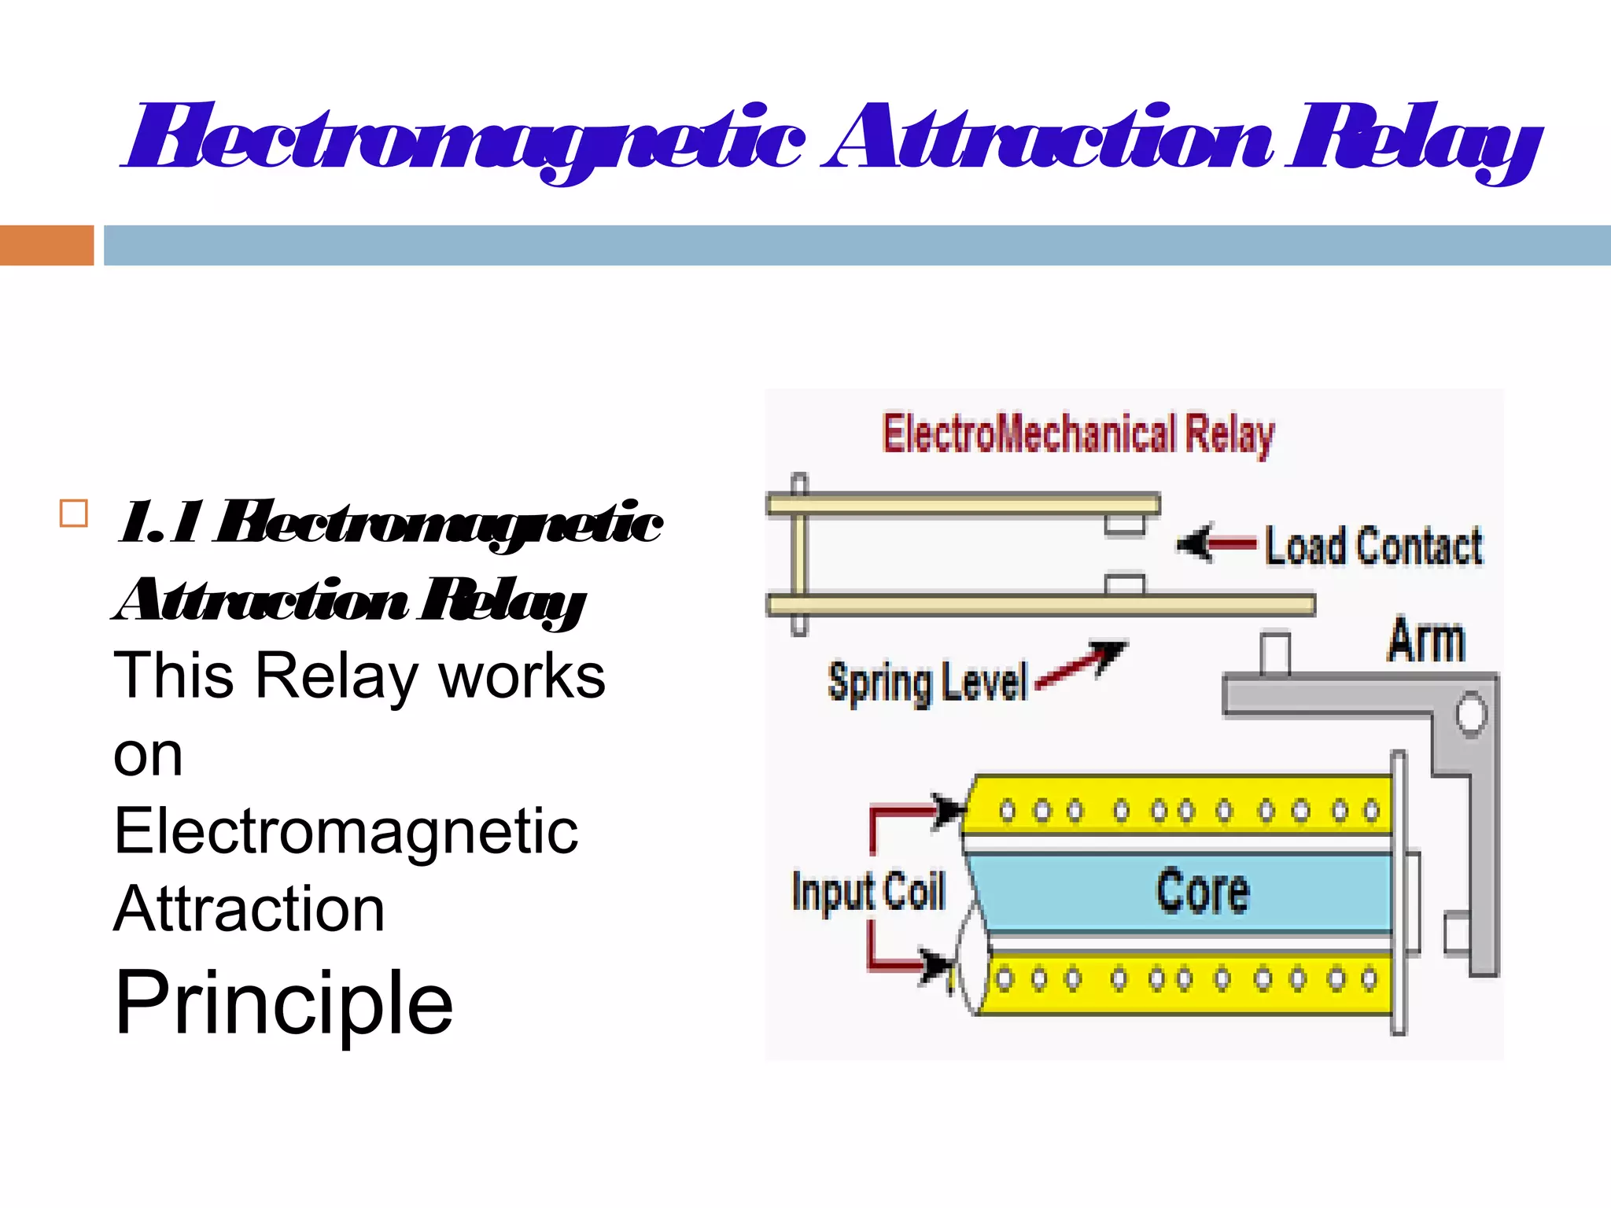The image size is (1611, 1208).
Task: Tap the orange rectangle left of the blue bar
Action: click(46, 245)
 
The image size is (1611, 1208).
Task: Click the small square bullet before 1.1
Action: click(74, 514)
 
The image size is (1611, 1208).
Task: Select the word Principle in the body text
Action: click(284, 1003)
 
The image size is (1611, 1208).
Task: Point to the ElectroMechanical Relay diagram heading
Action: click(1078, 434)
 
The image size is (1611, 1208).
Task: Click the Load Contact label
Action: click(1373, 546)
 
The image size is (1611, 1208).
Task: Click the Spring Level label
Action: click(927, 682)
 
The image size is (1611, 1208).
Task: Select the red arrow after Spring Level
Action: click(1082, 665)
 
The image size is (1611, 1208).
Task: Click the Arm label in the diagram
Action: click(1425, 641)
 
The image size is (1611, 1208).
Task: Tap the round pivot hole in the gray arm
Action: click(1469, 714)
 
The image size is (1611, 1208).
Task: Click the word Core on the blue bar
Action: click(1202, 891)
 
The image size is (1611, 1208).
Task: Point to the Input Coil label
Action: click(868, 892)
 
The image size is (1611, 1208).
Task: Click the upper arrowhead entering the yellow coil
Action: click(949, 809)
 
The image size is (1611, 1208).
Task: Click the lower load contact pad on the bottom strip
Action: click(1124, 585)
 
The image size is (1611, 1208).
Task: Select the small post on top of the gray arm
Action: click(1274, 653)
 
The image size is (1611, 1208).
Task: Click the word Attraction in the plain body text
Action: click(249, 909)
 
